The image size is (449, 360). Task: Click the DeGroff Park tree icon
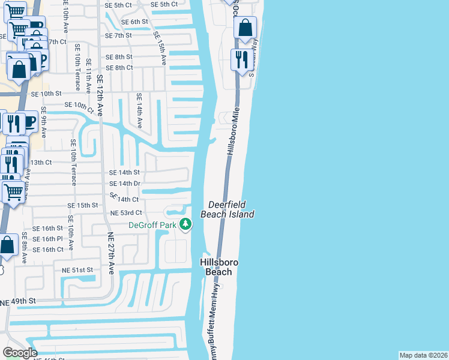tap(186, 224)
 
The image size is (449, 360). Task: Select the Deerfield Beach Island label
tap(232, 209)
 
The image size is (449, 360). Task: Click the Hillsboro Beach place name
tap(215, 267)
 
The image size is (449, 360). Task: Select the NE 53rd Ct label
tap(125, 213)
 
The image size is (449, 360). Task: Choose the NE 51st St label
tap(78, 271)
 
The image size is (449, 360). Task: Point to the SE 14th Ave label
tap(139, 111)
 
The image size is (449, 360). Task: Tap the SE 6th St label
tap(134, 22)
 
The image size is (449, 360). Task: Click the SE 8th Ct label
tap(118, 67)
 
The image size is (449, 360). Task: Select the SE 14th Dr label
tap(124, 184)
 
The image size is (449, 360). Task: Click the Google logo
tap(20, 353)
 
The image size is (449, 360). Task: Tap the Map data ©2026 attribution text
tap(423, 355)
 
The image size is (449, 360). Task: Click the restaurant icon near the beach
tap(243, 59)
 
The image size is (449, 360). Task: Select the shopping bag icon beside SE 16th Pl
tap(7, 245)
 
